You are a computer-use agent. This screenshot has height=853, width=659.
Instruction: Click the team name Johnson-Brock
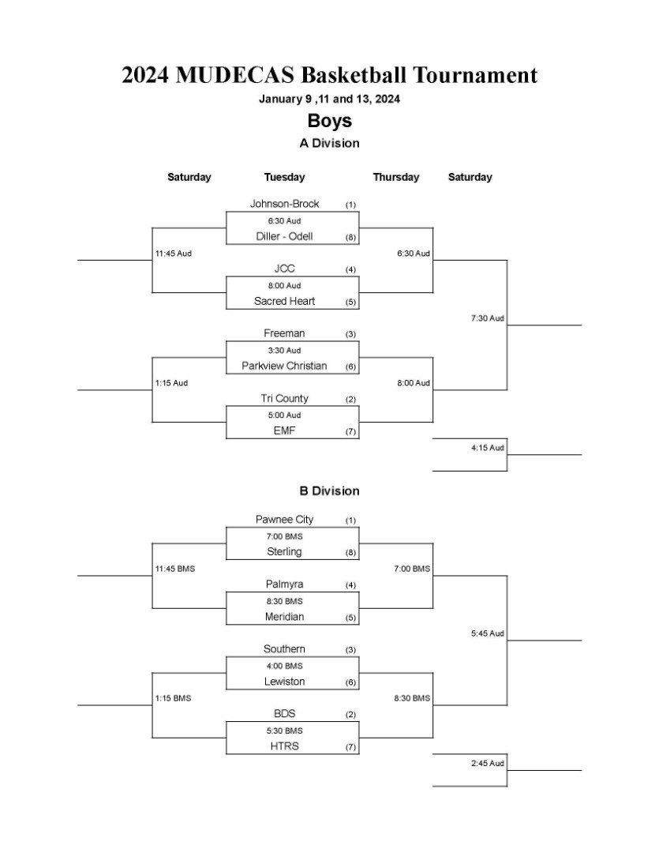click(284, 204)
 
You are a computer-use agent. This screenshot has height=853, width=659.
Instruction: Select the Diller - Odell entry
click(284, 236)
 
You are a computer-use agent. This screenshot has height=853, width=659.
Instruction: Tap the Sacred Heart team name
click(284, 301)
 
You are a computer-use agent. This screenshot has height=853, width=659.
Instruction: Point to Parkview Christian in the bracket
click(284, 366)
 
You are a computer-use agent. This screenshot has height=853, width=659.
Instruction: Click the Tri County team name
click(284, 398)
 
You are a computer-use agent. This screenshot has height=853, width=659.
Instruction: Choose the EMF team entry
click(284, 430)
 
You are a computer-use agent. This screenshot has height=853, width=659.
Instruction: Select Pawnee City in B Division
click(284, 520)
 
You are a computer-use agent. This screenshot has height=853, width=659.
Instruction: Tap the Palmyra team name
click(284, 584)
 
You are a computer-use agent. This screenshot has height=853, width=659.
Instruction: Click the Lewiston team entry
click(284, 681)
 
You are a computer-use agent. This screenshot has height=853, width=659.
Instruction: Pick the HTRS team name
click(284, 746)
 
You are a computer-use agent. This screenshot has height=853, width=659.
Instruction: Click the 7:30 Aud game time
click(488, 318)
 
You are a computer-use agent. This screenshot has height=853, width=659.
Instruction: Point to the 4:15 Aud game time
click(488, 448)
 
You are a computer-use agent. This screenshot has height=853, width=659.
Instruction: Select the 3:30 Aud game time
click(284, 351)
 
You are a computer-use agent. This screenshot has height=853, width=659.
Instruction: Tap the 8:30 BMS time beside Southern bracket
click(412, 698)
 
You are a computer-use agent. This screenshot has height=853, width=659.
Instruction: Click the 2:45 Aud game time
click(488, 763)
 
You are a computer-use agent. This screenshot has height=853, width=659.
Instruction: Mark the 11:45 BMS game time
click(175, 569)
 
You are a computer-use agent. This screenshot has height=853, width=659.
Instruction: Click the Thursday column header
click(396, 177)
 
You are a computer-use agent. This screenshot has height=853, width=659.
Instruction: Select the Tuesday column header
click(284, 177)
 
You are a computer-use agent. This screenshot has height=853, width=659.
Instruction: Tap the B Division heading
click(330, 490)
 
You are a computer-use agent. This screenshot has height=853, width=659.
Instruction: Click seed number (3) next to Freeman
click(350, 334)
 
